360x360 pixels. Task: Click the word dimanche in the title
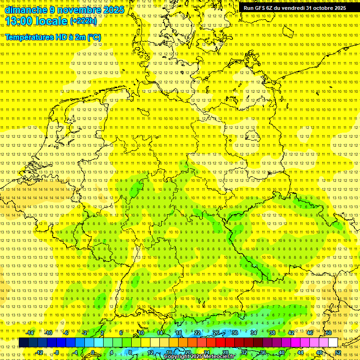26,10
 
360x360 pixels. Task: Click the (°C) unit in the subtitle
94,37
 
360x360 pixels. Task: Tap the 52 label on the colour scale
338,352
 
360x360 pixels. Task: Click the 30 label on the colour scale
234,333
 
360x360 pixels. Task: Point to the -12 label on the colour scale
39,352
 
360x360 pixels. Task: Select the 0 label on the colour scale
93,352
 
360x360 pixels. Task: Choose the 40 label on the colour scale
282,352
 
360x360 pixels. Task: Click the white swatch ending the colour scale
333,342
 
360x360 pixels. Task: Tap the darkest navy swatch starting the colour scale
23,342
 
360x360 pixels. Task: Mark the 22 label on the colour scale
197,333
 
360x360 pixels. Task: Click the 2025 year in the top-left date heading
114,10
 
